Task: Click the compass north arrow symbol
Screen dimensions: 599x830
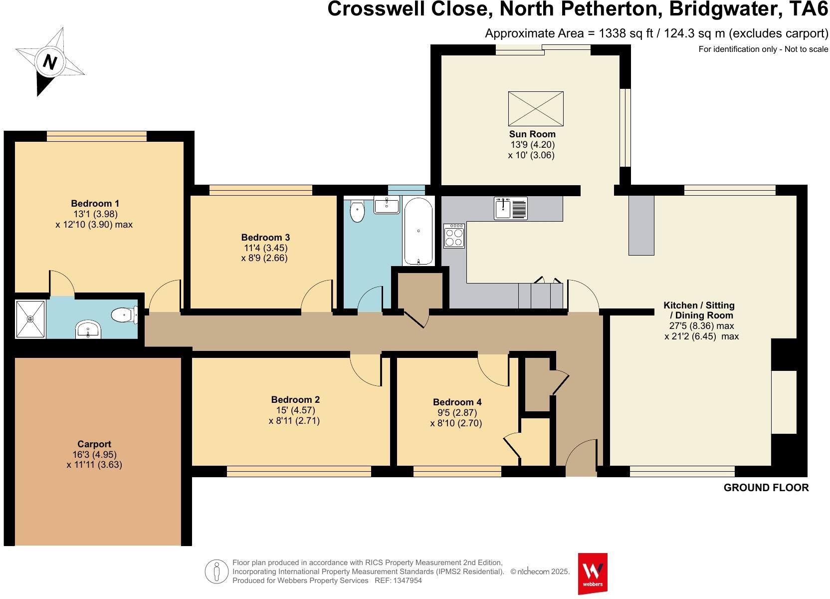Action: pos(49,62)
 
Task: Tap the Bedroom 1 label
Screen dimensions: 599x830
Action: pos(95,204)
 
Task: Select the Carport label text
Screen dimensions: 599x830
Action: pos(94,444)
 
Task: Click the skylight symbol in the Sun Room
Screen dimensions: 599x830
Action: pos(536,108)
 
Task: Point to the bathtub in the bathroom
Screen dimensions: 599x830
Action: pos(418,231)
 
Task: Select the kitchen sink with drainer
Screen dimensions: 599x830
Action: pos(511,208)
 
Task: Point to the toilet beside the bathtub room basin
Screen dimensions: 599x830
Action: pos(357,211)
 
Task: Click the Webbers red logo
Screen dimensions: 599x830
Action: pos(592,573)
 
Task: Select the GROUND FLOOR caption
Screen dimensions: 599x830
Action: pos(766,488)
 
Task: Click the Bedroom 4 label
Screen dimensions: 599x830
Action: pos(457,402)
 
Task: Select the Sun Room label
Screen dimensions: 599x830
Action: pos(532,134)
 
